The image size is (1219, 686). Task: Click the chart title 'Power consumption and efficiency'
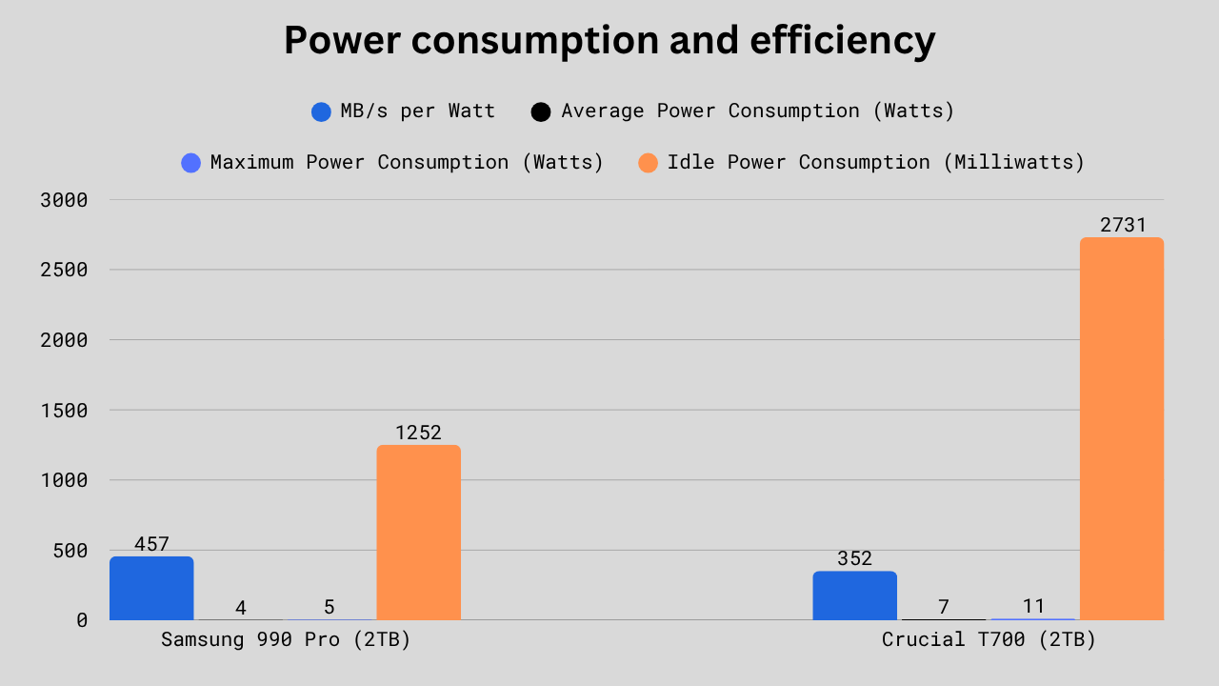click(609, 41)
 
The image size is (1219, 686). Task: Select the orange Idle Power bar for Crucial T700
click(1121, 429)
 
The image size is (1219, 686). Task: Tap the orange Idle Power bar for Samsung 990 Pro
click(418, 533)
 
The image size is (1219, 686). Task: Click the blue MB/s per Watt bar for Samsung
click(151, 588)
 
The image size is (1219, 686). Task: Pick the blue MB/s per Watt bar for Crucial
click(854, 595)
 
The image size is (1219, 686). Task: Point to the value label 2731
click(1123, 225)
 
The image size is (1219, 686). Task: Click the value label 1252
click(418, 433)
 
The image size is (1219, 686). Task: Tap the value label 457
click(151, 544)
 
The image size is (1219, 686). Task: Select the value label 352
click(854, 558)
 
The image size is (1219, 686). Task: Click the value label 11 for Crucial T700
click(1033, 606)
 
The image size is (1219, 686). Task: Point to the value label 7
click(944, 607)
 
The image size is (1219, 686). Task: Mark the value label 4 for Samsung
click(241, 607)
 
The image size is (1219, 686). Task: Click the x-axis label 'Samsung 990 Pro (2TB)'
click(286, 639)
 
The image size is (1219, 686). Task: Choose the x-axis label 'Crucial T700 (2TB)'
click(989, 639)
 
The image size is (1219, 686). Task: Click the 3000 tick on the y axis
click(64, 200)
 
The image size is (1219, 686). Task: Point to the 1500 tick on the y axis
click(64, 411)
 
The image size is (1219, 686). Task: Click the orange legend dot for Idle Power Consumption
click(648, 163)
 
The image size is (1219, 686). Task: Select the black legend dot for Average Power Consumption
click(541, 111)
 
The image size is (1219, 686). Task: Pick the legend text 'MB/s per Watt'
click(417, 111)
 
